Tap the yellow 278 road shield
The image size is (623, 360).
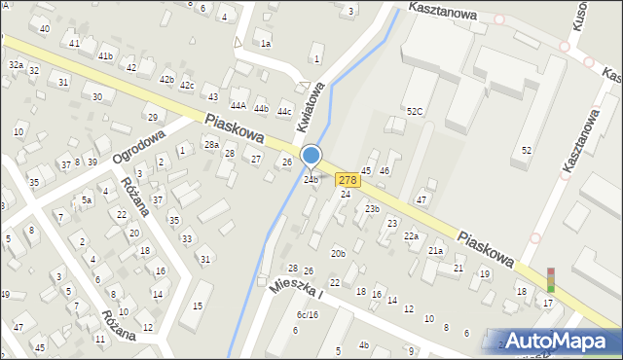click(348, 180)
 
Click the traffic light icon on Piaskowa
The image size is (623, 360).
click(550, 280)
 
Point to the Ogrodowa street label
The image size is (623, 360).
click(133, 143)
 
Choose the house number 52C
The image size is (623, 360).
click(415, 112)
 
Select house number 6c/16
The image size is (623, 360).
click(308, 314)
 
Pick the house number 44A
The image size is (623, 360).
click(238, 105)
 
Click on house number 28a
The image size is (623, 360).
click(211, 145)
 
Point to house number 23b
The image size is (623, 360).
click(372, 209)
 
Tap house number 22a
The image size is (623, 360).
click(411, 236)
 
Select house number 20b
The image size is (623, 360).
click(338, 254)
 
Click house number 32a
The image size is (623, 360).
click(16, 64)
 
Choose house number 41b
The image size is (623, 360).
click(105, 56)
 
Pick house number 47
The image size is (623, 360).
click(421, 199)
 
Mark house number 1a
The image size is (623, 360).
click(265, 44)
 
